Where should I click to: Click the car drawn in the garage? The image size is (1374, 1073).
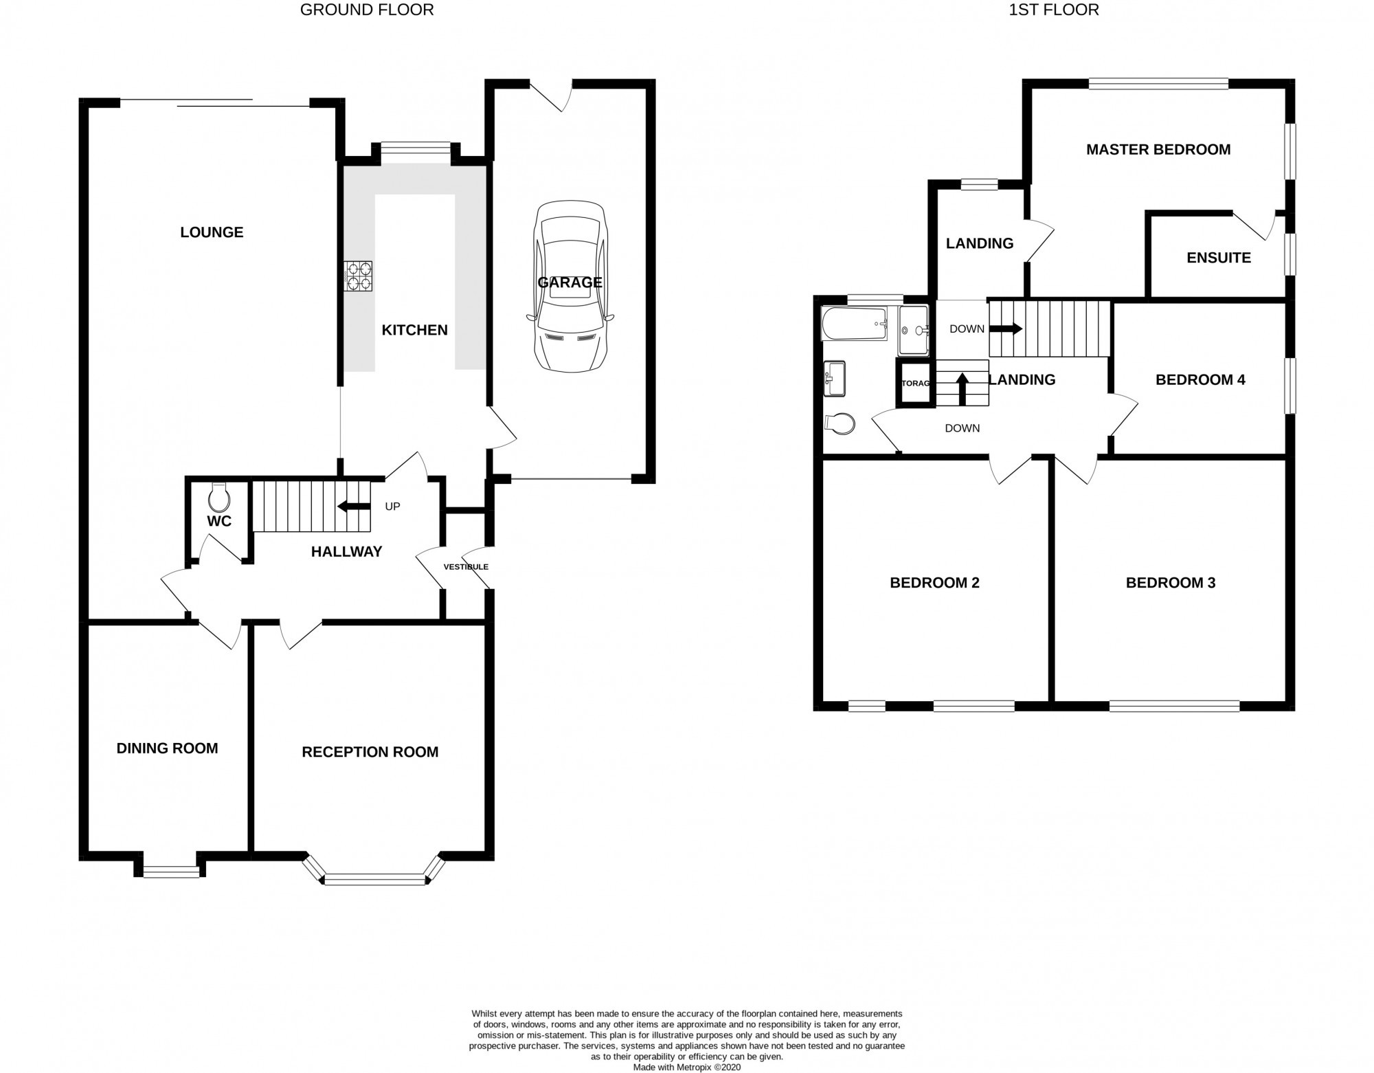tap(570, 287)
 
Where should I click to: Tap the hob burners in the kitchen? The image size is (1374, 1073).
tap(359, 276)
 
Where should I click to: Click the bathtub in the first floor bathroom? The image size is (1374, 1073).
tap(854, 324)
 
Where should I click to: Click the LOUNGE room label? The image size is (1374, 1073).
tap(212, 232)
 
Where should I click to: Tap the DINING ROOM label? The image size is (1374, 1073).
tap(167, 749)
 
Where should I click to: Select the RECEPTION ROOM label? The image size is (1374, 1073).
tap(370, 752)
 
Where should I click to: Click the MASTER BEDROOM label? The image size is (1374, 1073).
tap(1158, 149)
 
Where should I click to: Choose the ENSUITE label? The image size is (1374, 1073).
tap(1219, 258)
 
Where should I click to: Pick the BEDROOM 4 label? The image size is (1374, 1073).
tap(1200, 379)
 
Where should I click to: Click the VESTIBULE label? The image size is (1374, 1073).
tap(466, 567)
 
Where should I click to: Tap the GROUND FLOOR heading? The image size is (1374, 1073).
tap(367, 10)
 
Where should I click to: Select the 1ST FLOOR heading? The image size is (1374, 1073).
tap(1053, 10)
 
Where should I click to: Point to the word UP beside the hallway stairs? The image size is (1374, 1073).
tap(392, 507)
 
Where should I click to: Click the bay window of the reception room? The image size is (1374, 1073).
tap(374, 874)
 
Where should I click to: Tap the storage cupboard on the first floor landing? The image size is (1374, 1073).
tap(915, 383)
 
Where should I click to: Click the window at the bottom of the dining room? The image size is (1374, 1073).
tap(171, 872)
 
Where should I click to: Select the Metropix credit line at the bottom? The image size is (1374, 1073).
tap(687, 1068)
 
